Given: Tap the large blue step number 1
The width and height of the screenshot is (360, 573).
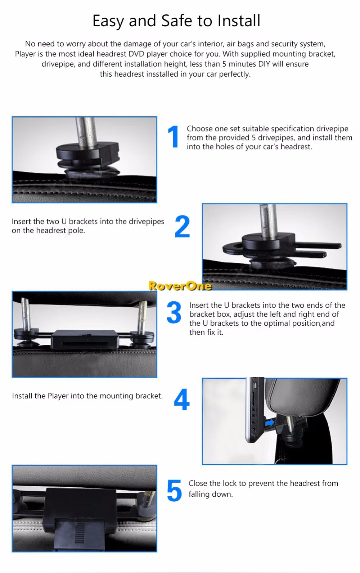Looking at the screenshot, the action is (x=173, y=137).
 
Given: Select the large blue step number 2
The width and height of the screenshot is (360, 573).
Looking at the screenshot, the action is (x=182, y=226).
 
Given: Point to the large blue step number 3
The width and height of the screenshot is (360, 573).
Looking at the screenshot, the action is (x=174, y=312).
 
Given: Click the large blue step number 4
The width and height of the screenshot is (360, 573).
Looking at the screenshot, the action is (x=182, y=399).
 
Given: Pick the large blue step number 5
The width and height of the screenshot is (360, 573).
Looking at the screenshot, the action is (x=174, y=490).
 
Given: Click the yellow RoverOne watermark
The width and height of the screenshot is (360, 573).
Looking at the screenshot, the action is (x=180, y=286).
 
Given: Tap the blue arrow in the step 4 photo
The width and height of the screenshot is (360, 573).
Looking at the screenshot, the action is (x=269, y=422).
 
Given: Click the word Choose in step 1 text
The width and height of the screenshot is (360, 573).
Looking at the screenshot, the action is (x=199, y=128).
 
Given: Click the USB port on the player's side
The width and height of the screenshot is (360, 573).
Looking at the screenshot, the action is (x=254, y=385).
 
